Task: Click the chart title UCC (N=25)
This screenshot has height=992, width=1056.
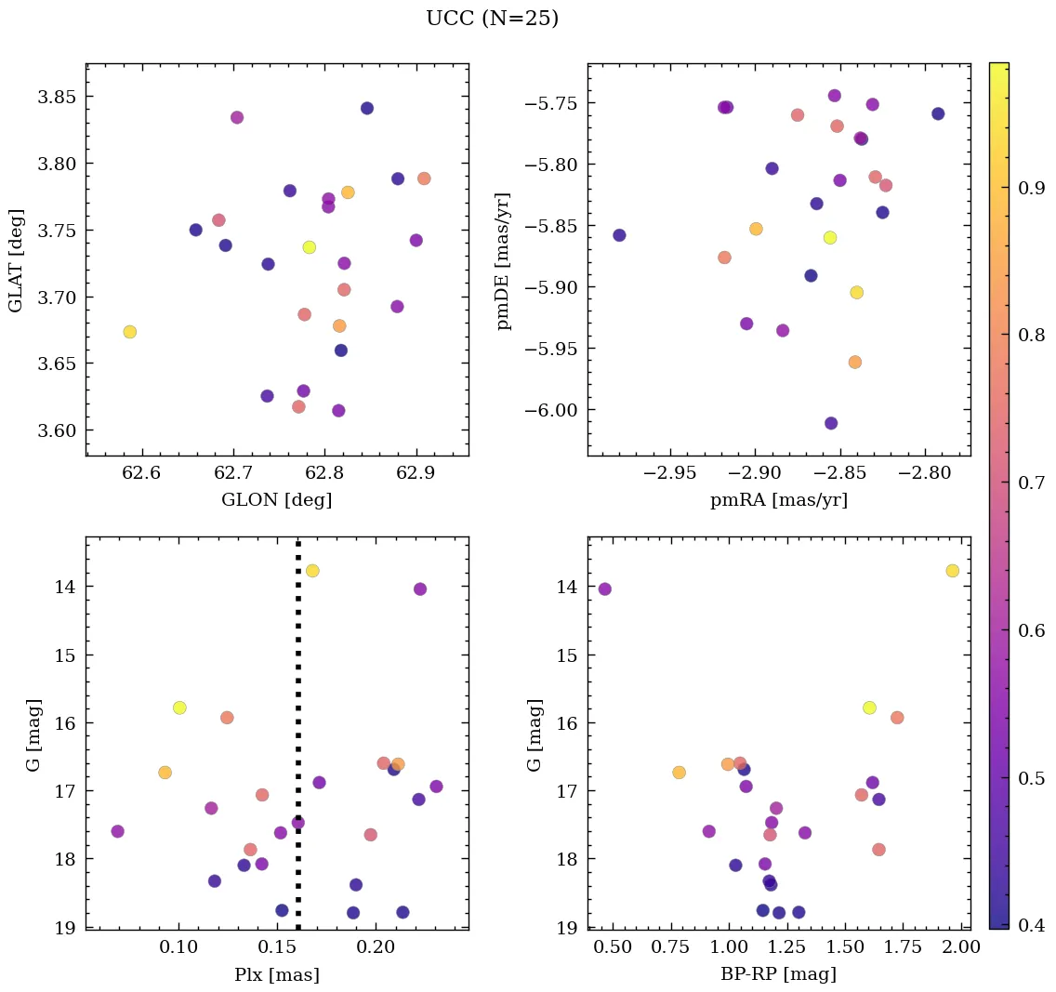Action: point(492,19)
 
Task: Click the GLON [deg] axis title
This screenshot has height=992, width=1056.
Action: point(276,500)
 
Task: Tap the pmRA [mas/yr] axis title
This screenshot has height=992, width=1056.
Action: point(779,500)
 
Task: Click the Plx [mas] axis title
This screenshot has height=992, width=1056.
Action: point(276,974)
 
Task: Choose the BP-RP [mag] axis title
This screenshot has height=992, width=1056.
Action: point(779,974)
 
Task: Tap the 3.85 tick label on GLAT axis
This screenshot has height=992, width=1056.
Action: point(58,97)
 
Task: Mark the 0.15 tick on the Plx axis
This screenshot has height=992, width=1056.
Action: point(277,947)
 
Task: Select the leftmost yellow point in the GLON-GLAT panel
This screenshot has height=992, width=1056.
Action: point(130,332)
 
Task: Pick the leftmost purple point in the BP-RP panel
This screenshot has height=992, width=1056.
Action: point(605,589)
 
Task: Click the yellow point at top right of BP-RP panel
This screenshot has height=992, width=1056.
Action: point(952,570)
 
